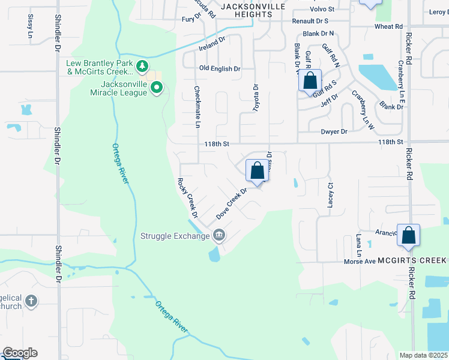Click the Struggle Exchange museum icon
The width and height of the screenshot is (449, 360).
219,235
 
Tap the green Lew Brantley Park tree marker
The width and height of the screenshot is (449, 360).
142,66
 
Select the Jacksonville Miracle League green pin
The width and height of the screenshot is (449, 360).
157,88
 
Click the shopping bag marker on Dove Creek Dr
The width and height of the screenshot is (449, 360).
257,171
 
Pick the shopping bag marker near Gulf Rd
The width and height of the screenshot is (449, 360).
310,81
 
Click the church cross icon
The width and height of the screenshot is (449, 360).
31,300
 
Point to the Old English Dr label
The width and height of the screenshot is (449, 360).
220,68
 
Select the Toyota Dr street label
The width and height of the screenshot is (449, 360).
256,96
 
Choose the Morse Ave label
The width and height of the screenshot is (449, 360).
360,262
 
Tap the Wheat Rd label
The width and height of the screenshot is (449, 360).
388,26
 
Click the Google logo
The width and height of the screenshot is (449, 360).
20,353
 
